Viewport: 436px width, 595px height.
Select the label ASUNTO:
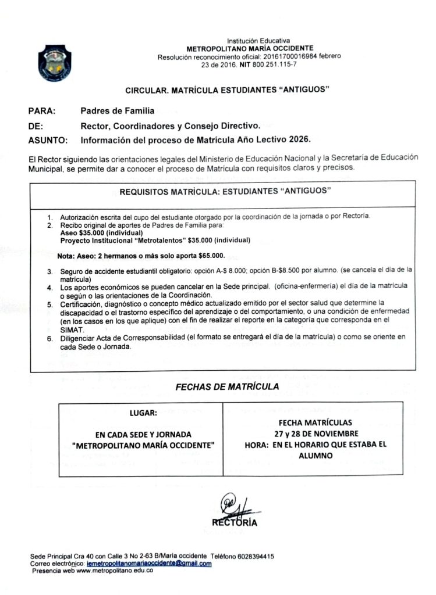[48, 139]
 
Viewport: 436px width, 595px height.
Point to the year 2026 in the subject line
[299, 139]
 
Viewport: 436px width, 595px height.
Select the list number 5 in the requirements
[50, 303]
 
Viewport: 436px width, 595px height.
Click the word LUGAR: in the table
[143, 414]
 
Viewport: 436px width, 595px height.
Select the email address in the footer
[148, 564]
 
